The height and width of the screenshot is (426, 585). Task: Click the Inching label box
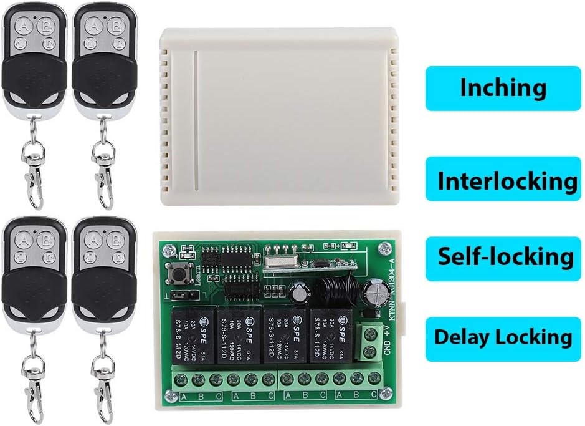pos(503,88)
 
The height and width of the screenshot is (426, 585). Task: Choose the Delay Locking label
pos(503,338)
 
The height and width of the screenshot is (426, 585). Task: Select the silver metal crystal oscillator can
pos(279,259)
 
